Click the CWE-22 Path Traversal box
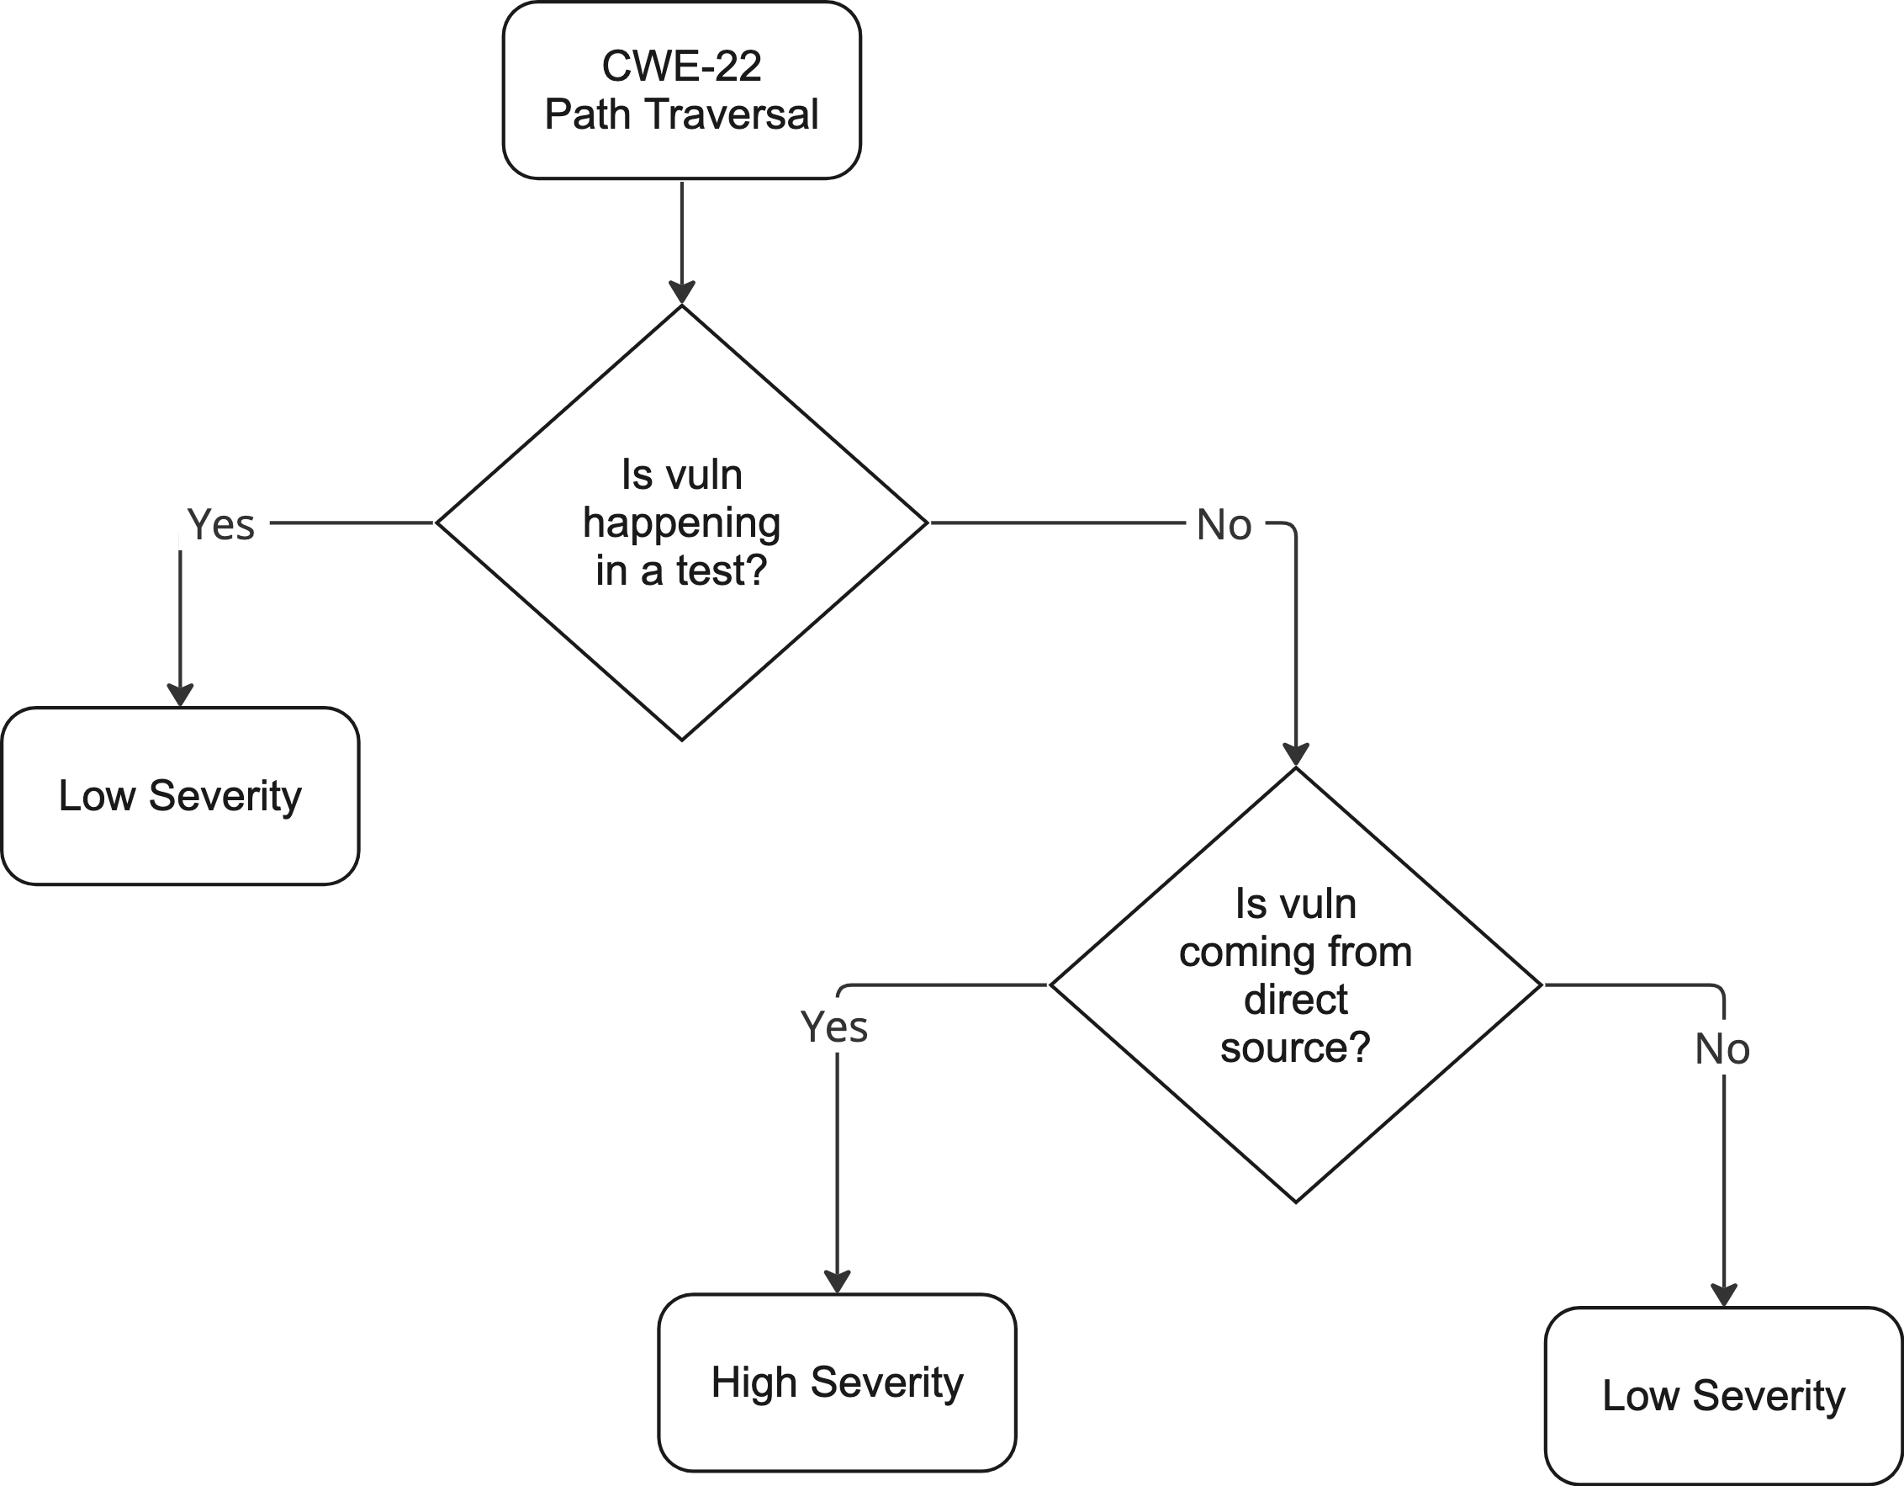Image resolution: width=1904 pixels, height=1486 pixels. tap(681, 91)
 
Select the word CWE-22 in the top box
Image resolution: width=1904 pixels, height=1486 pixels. tap(681, 66)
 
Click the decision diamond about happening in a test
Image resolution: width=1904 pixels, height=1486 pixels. tap(681, 523)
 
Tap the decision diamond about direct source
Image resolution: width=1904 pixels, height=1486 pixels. tap(1295, 985)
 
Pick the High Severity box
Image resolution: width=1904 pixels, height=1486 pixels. tap(837, 1383)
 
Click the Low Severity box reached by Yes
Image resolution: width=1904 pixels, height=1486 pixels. tap(181, 796)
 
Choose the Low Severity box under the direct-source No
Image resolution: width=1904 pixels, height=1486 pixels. tap(1723, 1395)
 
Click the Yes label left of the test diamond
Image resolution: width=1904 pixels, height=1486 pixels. tap(221, 525)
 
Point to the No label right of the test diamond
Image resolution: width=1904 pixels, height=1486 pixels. tap(1224, 525)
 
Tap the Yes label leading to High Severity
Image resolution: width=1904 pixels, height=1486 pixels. tap(834, 1027)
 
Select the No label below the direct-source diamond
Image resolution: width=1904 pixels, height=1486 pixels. tap(1722, 1049)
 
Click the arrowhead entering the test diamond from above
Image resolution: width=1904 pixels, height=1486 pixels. tap(681, 293)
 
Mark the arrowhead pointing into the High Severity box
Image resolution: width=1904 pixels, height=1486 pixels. tap(837, 1280)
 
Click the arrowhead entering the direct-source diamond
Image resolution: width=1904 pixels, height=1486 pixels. tap(1295, 756)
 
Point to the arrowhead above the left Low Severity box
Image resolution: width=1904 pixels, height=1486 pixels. tap(181, 694)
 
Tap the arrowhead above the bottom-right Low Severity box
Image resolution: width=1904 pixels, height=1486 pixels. tap(1723, 1294)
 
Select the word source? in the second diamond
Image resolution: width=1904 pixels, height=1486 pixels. tap(1295, 1048)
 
